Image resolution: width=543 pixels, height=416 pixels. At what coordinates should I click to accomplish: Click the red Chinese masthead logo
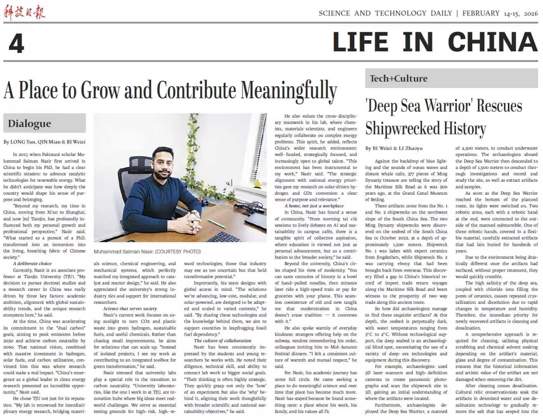pyautogui.click(x=24, y=13)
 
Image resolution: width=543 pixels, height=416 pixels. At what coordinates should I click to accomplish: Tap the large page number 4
pyautogui.click(x=16, y=44)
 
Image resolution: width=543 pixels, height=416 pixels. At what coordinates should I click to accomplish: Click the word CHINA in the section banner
pyautogui.click(x=492, y=42)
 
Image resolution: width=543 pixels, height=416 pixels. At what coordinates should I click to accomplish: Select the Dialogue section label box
pyautogui.click(x=45, y=123)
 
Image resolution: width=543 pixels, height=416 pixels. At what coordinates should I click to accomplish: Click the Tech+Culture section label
pyautogui.click(x=399, y=79)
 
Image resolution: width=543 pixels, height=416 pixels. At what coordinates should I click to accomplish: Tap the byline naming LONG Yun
pyautogui.click(x=45, y=142)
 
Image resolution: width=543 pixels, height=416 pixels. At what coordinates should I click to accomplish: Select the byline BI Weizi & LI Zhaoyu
pyautogui.click(x=394, y=148)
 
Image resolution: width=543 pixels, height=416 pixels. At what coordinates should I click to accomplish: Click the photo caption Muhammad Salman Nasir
pyautogui.click(x=147, y=251)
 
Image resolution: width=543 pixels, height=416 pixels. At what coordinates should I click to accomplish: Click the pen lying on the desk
pyautogui.click(x=217, y=224)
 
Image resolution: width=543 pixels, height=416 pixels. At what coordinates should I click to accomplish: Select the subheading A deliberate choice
pyautogui.click(x=32, y=264)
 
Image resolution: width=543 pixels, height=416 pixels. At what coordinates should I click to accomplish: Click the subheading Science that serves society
pyautogui.click(x=130, y=308)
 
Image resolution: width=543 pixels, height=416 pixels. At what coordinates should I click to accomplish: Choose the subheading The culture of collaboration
pyautogui.click(x=222, y=341)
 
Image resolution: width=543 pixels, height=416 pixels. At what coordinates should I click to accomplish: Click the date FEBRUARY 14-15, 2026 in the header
pyautogui.click(x=500, y=13)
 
